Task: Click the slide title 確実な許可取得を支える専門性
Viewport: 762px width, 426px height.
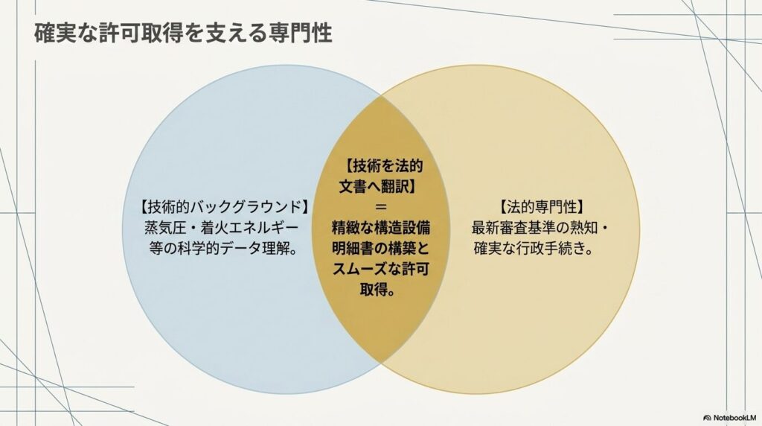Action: click(184, 34)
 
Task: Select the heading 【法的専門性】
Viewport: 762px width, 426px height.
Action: click(540, 207)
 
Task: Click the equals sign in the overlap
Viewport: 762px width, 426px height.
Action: click(381, 207)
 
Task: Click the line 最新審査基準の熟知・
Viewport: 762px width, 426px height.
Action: click(540, 228)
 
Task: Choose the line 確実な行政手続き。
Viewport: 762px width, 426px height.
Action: click(533, 249)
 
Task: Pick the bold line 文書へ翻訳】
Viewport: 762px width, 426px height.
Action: click(378, 186)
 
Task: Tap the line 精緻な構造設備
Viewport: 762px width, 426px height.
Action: click(381, 228)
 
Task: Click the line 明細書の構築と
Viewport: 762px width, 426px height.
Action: click(381, 249)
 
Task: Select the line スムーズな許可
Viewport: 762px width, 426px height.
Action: click(381, 269)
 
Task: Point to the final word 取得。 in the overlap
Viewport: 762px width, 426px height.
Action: click(377, 290)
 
